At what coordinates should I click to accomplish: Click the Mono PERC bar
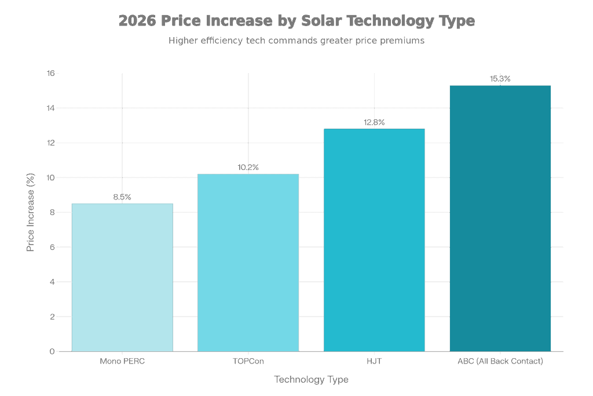122,277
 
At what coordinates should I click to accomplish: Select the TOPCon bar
248,262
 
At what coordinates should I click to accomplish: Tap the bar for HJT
374,239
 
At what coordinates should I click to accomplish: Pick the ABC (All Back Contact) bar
500,218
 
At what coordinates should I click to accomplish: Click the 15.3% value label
500,78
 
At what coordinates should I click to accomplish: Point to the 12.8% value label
374,122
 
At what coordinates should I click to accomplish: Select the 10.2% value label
248,167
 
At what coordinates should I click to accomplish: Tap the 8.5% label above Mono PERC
122,197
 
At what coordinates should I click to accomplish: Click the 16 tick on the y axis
50,73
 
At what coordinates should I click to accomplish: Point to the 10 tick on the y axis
50,177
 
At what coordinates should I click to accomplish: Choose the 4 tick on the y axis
52,282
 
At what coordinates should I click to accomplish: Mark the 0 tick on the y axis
52,351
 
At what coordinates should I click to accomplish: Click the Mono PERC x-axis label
122,362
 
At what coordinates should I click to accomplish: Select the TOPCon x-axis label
248,362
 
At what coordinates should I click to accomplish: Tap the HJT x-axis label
374,362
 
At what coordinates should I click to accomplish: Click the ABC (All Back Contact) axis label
500,362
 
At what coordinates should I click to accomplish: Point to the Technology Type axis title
311,380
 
